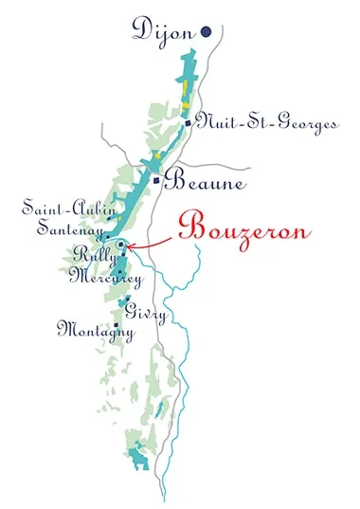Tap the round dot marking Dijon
point(206,32)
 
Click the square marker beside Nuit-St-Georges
point(189,123)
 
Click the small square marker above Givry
point(128,300)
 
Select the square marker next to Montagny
point(117,325)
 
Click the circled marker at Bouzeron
point(121,245)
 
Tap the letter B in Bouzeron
point(189,228)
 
